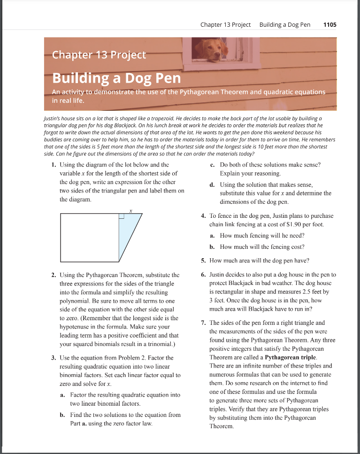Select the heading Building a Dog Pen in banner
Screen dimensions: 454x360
click(x=116, y=77)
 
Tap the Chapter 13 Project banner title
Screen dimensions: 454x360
click(x=99, y=55)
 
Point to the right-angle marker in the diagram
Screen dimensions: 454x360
click(x=121, y=216)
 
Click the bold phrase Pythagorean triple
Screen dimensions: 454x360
click(x=284, y=357)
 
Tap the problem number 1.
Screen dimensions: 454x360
click(x=53, y=165)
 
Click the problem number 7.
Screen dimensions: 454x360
click(x=202, y=323)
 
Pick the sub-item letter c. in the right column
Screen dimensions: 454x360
click(x=213, y=165)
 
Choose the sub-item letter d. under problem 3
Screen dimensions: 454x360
click(x=213, y=185)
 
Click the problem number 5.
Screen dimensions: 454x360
click(x=202, y=261)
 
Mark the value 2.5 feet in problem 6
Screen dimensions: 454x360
click(x=319, y=292)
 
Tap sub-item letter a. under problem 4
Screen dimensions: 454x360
click(x=213, y=236)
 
